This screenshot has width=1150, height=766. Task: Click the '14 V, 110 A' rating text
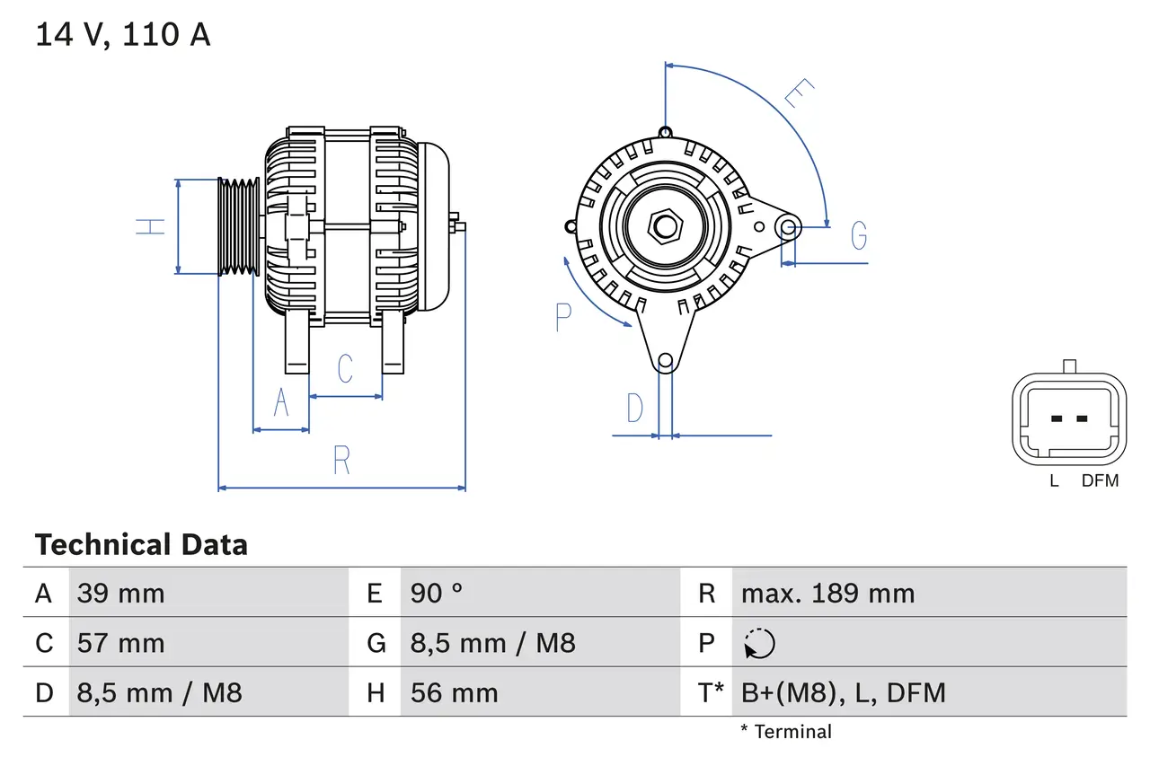tap(122, 34)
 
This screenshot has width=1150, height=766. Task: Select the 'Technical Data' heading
tap(141, 544)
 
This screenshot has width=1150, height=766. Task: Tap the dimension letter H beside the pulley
tap(152, 226)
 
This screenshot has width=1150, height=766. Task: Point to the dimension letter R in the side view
tap(341, 460)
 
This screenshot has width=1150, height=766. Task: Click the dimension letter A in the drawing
tap(281, 403)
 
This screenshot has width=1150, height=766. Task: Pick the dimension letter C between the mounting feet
tap(345, 368)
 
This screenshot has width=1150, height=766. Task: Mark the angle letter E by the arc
tap(799, 93)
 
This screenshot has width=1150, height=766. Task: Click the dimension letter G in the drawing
tap(859, 235)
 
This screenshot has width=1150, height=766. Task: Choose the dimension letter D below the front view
tap(635, 409)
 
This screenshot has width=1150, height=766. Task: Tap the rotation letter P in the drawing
tap(563, 317)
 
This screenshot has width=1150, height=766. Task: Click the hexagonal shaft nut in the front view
tap(665, 225)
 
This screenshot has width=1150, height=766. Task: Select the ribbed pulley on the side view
tap(239, 226)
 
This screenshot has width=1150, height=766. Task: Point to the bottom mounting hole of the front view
tap(665, 362)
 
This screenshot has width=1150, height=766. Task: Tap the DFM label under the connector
tap(1100, 480)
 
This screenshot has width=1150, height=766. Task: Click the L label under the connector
tap(1054, 480)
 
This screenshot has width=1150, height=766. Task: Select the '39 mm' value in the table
tap(121, 593)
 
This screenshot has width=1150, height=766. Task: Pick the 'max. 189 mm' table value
tap(827, 593)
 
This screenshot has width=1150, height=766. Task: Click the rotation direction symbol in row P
tap(760, 643)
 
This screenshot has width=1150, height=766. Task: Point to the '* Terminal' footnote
tap(786, 731)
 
